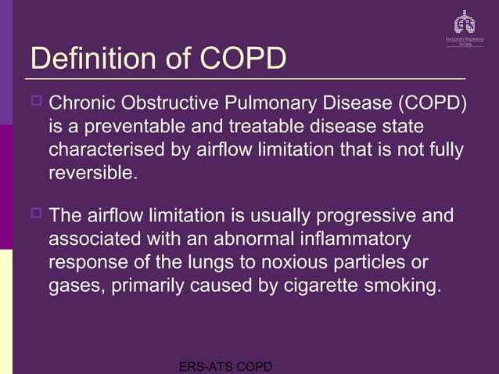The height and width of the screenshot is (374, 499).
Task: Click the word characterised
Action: coord(105,149)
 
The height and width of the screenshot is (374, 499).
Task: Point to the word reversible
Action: coord(92,172)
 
